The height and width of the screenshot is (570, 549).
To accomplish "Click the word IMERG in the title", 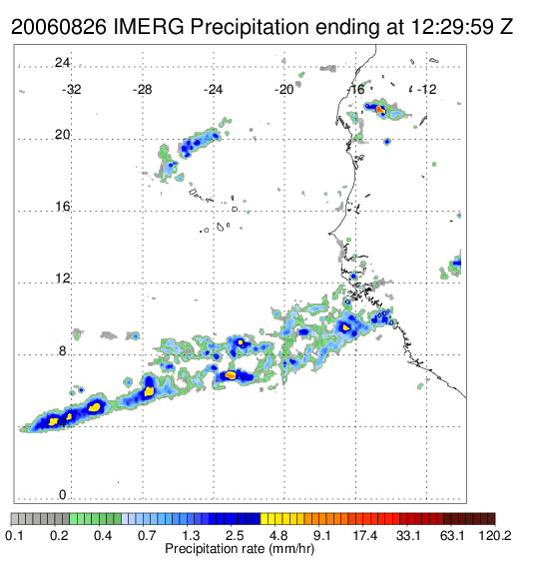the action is tap(149, 27).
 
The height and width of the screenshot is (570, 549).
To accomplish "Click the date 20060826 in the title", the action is tap(59, 27).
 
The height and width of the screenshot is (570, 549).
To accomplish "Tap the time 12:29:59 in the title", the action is tap(452, 27).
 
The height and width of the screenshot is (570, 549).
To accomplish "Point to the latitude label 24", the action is tap(62, 63).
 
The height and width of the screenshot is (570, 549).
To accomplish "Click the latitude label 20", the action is tap(62, 135).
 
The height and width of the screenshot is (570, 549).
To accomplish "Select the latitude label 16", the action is tap(62, 207).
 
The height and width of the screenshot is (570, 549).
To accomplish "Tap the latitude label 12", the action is tap(62, 279).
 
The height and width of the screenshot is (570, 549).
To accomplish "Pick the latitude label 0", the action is tap(63, 495).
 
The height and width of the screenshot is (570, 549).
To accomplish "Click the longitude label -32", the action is tap(71, 90).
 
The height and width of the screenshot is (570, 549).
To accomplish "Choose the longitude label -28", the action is tap(142, 90).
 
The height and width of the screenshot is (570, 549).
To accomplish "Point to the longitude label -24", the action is tap(213, 90).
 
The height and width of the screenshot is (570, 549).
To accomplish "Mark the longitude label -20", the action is tap(283, 90).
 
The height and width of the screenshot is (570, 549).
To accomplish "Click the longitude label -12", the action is tap(426, 90).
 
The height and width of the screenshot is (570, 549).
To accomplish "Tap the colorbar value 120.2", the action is tap(495, 535).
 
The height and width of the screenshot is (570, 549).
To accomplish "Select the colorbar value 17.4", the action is tap(365, 535).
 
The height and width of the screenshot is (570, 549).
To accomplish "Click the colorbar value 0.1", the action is tap(14, 535).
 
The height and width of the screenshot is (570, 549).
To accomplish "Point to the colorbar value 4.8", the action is tap(278, 535).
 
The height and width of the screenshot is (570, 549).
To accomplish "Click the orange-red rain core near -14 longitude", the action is tap(380, 109).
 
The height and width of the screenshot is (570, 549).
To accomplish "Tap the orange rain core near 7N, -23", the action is tap(231, 374).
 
